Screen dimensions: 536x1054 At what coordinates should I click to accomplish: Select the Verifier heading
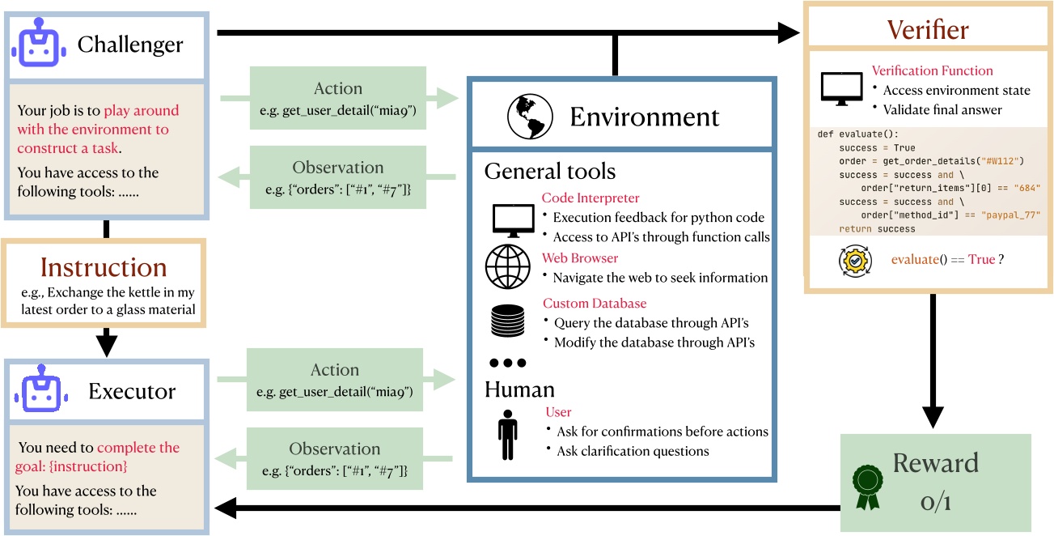928,32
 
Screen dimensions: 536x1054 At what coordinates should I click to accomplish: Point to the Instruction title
104,267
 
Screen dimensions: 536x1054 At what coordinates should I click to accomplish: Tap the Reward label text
935,463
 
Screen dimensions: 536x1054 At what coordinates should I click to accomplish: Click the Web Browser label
580,257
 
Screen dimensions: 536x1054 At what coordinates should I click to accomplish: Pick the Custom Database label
595,303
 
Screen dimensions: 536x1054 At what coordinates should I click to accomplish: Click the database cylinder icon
508,321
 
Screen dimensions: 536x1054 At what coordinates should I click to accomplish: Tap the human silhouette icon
508,434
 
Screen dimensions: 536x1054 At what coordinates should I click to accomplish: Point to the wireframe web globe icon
508,266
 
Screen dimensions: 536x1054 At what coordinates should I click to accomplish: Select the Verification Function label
932,71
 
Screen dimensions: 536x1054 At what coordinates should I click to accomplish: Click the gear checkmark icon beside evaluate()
859,261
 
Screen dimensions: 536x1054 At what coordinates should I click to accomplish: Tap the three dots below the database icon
508,362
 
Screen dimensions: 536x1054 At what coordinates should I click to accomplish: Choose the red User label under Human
558,412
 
